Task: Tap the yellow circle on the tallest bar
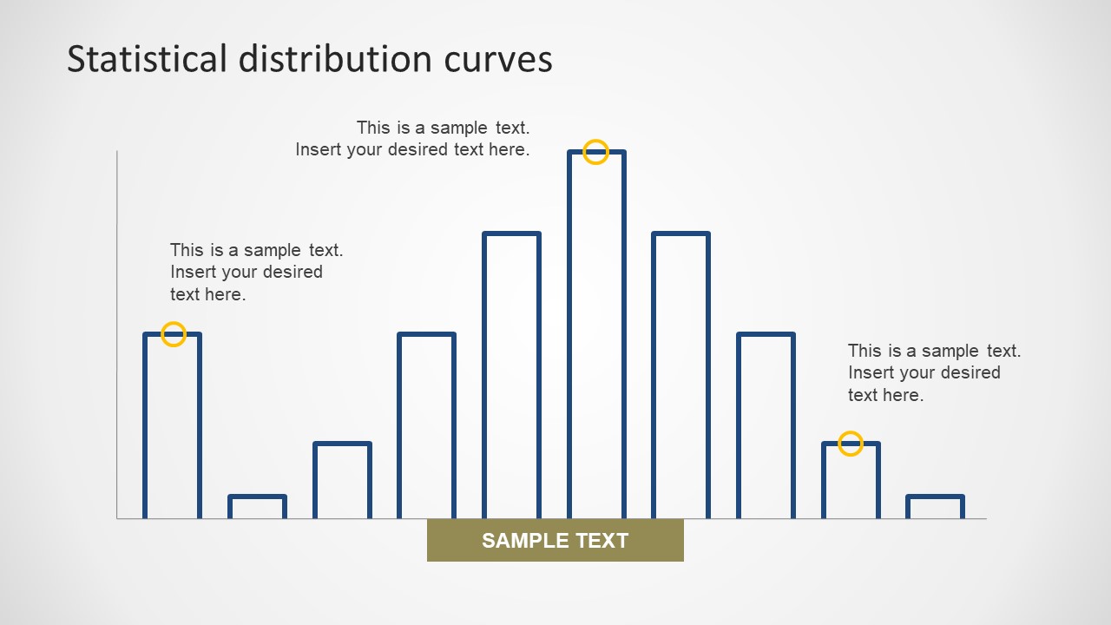pos(595,152)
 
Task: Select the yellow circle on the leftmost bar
pos(174,334)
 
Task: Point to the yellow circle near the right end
pos(851,444)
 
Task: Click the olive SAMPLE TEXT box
pos(555,541)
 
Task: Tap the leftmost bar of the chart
pos(172,425)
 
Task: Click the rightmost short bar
pos(935,507)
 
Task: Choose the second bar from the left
pos(257,507)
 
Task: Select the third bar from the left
pos(342,481)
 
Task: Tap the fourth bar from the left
pos(426,425)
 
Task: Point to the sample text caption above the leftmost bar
pos(256,272)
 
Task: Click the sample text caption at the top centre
pos(412,139)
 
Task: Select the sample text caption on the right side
pos(934,372)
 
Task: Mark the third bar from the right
pos(766,425)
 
